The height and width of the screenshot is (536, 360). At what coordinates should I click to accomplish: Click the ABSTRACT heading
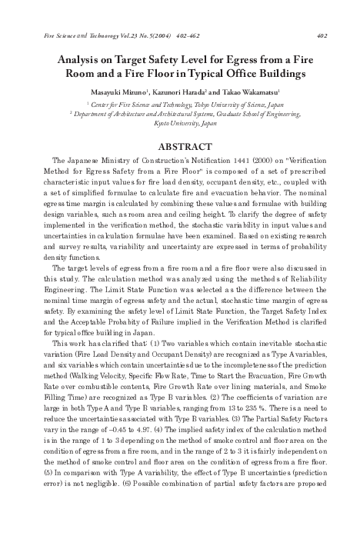[x=179, y=145]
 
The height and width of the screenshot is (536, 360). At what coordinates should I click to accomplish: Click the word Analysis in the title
[x=80, y=60]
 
